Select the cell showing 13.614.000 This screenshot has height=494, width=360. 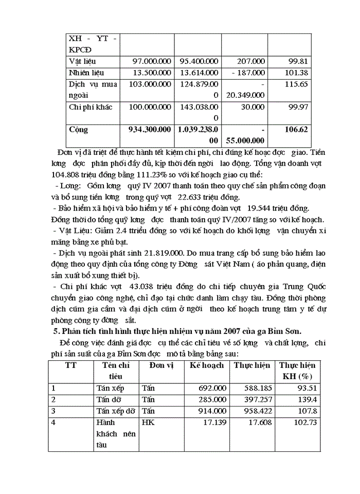[199, 73]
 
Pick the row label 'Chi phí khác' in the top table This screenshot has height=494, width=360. [91, 107]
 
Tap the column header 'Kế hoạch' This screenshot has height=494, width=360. [207, 365]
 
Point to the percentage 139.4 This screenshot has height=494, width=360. [306, 399]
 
